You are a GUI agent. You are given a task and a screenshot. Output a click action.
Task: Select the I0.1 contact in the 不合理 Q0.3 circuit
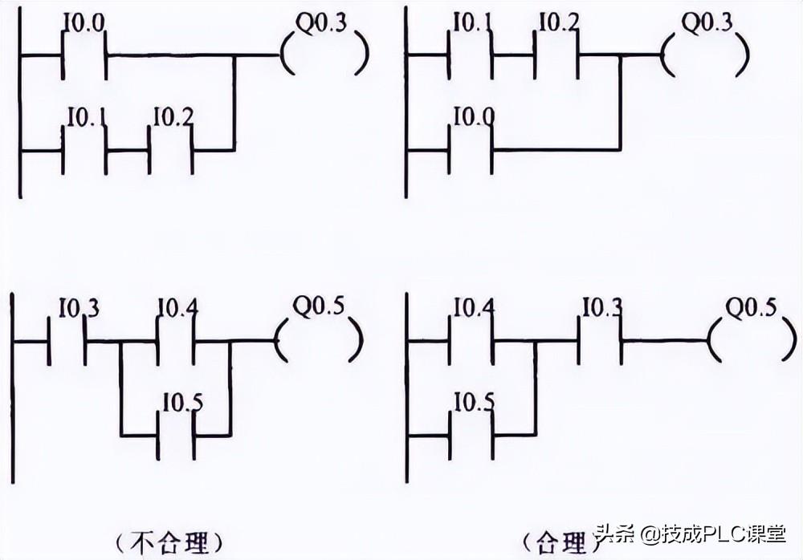[84, 148]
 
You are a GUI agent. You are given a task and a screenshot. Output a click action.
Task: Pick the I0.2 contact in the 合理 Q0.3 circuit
[556, 55]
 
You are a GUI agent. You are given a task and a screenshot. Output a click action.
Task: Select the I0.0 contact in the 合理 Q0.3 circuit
[471, 148]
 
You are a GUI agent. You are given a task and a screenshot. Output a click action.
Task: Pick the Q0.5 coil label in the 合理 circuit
[752, 306]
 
